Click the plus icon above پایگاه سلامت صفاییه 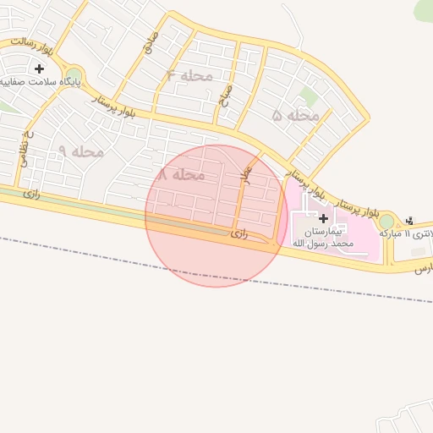[x=39, y=68]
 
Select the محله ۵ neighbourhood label [x=295, y=115]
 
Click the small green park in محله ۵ [x=310, y=97]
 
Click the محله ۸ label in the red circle [x=181, y=174]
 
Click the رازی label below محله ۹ [x=32, y=194]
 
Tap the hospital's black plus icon [x=324, y=218]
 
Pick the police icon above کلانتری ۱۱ [x=411, y=220]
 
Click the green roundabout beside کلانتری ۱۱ [x=386, y=222]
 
